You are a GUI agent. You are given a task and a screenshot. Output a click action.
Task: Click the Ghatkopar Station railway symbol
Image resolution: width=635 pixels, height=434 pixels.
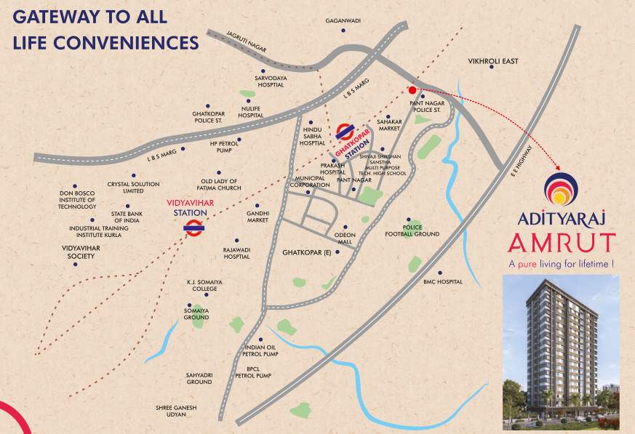(345, 131)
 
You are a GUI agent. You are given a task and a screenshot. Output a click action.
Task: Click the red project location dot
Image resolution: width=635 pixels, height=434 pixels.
(412, 91)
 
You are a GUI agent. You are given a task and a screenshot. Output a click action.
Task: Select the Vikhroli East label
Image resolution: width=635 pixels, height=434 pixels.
(492, 62)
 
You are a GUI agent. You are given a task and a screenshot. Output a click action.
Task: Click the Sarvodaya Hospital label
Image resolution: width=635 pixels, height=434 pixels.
(269, 80)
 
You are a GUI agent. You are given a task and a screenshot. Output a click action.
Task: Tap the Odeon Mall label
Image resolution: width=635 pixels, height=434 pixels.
(344, 238)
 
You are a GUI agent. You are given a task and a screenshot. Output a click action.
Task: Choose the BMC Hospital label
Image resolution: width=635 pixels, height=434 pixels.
(443, 281)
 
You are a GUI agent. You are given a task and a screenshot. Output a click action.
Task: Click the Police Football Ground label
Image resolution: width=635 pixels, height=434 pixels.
(412, 230)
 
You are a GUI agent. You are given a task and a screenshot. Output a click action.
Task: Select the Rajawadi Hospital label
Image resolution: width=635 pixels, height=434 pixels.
(236, 253)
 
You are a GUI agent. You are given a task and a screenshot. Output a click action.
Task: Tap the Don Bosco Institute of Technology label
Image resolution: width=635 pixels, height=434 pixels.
(78, 200)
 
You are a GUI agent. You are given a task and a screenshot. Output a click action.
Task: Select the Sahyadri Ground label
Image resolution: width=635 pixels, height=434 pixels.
(199, 378)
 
